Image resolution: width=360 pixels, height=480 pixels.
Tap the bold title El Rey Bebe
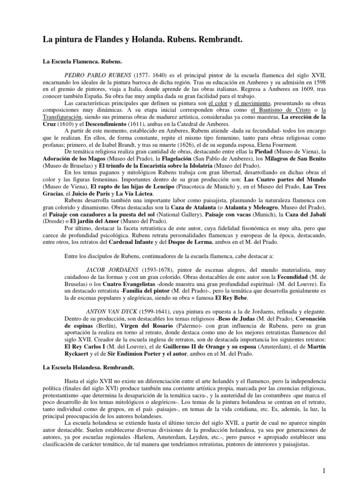click(262, 297)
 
